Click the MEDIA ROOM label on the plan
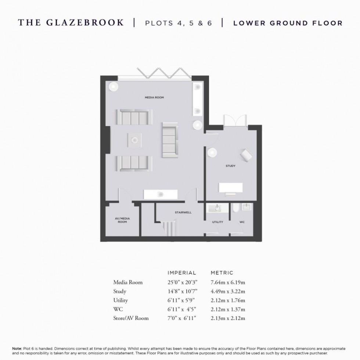(x=154, y=98)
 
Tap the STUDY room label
(x=230, y=166)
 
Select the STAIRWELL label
(x=183, y=212)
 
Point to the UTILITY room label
(x=217, y=222)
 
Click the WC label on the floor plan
(x=242, y=222)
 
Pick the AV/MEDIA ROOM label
(x=122, y=220)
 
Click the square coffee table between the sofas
(x=134, y=140)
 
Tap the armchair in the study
(x=246, y=155)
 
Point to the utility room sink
(x=216, y=208)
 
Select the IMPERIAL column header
(x=182, y=273)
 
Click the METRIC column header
(x=222, y=273)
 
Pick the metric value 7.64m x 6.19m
(x=228, y=282)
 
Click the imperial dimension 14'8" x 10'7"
(x=183, y=291)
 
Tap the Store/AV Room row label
(x=131, y=318)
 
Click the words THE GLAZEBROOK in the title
(x=71, y=23)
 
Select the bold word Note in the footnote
(x=17, y=348)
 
